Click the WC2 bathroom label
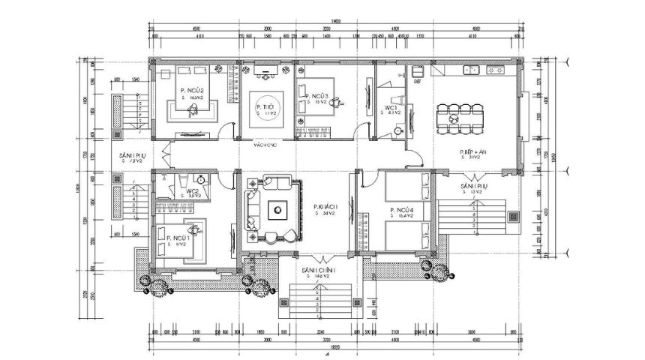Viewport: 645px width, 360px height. pyautogui.click(x=193, y=191)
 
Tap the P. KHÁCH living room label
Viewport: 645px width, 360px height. pyautogui.click(x=326, y=207)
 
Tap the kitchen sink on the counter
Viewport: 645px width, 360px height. pyautogui.click(x=472, y=70)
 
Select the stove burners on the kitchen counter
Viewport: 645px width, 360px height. pyautogui.click(x=496, y=70)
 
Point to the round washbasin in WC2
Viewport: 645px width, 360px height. pyautogui.click(x=201, y=179)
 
